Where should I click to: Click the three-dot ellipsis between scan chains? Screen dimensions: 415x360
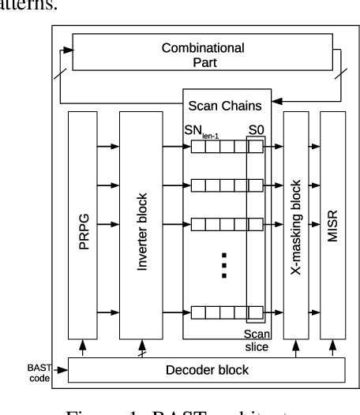pyautogui.click(x=224, y=264)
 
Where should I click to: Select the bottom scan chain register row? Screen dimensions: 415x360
pyautogui.click(x=224, y=313)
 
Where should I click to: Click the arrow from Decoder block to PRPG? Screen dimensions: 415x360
pyautogui.click(x=84, y=350)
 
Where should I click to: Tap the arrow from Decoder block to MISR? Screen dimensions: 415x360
pyautogui.click(x=332, y=350)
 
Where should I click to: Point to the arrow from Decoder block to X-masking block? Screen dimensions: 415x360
pyautogui.click(x=295, y=350)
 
